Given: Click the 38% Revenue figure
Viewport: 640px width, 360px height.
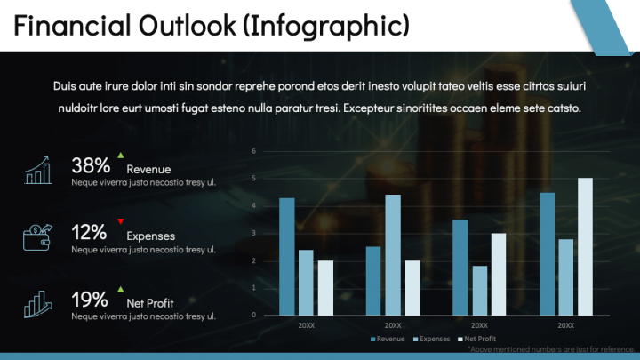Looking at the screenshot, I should point(91,165).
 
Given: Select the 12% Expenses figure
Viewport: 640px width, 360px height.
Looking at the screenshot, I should point(89,233).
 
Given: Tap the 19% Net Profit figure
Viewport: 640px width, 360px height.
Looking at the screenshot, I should point(89,299).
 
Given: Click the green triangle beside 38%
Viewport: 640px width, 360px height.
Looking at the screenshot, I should point(120,156).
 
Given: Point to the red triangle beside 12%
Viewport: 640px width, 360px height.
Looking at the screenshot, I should point(120,221).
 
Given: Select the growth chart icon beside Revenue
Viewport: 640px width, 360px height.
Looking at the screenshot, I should point(37,170).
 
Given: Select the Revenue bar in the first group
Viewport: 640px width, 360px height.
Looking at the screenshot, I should point(286,256).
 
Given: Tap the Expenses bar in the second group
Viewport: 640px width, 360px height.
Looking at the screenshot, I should point(392,254).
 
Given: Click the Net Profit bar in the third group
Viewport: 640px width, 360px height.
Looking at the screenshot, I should point(499,274).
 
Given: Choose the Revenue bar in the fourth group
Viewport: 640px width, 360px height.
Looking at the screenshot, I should point(547,253).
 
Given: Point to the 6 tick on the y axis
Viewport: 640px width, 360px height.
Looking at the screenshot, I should point(254,150).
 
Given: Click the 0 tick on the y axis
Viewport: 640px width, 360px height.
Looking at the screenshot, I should point(254,315).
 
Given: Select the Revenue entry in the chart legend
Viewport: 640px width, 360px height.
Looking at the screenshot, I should point(387,340).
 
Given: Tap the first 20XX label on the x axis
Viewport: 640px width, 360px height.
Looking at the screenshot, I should point(306,326).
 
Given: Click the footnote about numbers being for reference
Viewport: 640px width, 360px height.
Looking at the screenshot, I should point(552,350).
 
